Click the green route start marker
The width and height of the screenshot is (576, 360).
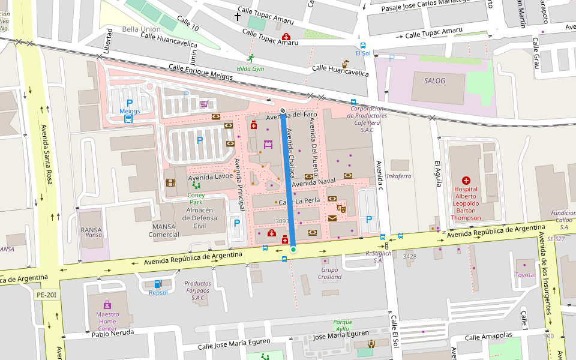coord(293,249)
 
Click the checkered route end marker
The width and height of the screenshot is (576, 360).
coord(283,110)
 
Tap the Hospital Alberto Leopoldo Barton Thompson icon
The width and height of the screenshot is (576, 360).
coord(466,180)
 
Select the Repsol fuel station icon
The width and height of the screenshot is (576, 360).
coord(158,284)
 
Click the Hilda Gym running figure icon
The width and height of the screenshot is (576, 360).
coord(250,58)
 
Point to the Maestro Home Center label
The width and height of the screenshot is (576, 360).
coord(107,321)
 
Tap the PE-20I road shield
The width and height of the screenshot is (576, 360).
coord(46,295)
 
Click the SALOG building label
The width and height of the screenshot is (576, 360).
coord(435,80)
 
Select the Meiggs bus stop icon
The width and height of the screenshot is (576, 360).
coord(128,119)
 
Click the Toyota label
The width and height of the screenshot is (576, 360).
coord(524,275)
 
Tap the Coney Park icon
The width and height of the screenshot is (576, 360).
coord(196,187)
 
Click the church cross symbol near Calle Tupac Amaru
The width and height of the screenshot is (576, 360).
coord(238,17)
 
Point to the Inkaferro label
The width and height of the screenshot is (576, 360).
coord(398,176)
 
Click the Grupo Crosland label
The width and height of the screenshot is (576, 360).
coord(330,273)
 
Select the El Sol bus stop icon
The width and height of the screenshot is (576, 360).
coord(362,45)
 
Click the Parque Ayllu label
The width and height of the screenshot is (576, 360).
coord(342,325)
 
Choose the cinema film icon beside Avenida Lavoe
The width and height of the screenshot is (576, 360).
coord(170,182)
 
